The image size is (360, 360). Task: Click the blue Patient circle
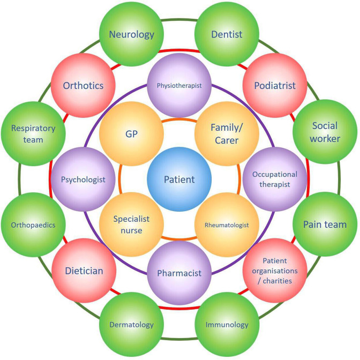tap(179, 179)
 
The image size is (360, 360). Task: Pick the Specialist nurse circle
tap(132, 226)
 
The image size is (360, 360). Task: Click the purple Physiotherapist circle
tap(179, 86)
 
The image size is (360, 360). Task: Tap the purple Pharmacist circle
tap(179, 273)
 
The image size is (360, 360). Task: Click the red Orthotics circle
tap(83, 85)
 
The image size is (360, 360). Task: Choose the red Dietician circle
tap(83, 271)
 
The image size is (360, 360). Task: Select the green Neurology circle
tap(132, 35)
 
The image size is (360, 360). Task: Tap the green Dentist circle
tap(227, 35)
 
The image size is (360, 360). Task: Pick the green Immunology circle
tap(227, 325)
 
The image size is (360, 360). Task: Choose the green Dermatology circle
tap(132, 325)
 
